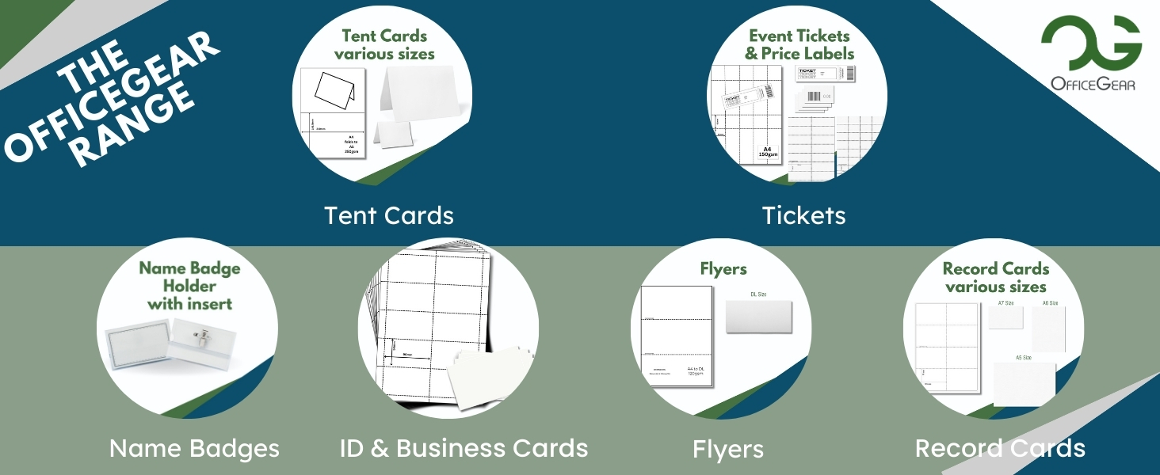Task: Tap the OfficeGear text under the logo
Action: [x=1092, y=83]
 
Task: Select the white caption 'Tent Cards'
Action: [x=389, y=215]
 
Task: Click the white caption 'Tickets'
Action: [x=803, y=215]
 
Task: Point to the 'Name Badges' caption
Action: [x=194, y=449]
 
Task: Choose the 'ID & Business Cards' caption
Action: [x=464, y=448]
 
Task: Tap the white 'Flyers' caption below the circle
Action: [x=727, y=450]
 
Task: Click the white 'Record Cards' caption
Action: [x=1000, y=448]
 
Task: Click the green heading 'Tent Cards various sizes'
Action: [x=384, y=45]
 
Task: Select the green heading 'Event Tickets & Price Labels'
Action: [x=799, y=45]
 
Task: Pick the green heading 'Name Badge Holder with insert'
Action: [x=189, y=285]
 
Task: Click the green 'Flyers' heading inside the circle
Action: [x=723, y=269]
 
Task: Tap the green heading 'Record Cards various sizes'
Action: [x=996, y=278]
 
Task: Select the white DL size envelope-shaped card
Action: [x=753, y=317]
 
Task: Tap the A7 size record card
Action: [x=1005, y=317]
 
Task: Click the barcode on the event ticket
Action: [x=849, y=73]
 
